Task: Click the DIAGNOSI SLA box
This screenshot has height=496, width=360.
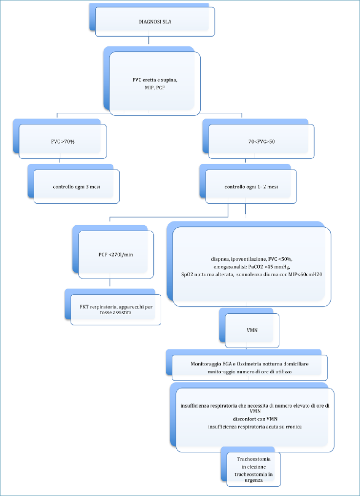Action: [155, 22]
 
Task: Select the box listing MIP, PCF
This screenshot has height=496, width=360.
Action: [155, 84]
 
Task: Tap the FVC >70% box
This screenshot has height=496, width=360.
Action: [63, 141]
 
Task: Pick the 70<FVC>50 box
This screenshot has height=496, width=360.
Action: [261, 141]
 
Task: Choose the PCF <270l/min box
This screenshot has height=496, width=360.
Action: [116, 254]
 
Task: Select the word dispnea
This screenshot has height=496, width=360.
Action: [215, 259]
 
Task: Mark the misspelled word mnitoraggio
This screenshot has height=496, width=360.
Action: [218, 371]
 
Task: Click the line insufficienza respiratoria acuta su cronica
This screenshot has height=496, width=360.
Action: [255, 427]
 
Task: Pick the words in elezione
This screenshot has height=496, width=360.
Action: [254, 467]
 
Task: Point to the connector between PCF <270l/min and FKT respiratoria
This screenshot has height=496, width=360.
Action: [109, 283]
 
